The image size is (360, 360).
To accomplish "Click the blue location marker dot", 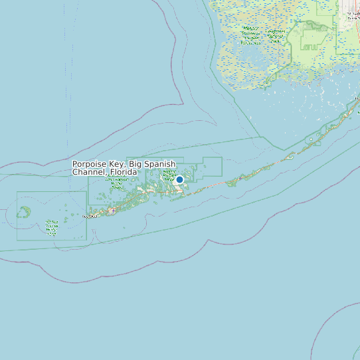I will point(179,179).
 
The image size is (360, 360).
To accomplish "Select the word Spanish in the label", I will point(161,164).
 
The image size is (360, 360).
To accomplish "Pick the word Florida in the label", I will point(124,172).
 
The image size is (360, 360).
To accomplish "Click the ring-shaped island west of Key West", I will point(24,212).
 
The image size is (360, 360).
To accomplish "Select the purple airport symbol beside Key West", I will point(112,211).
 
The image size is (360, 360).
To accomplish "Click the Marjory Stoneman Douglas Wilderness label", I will point(250,36).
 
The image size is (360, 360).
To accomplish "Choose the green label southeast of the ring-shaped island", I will point(52,226).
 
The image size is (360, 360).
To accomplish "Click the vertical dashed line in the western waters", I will point(66,100).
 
